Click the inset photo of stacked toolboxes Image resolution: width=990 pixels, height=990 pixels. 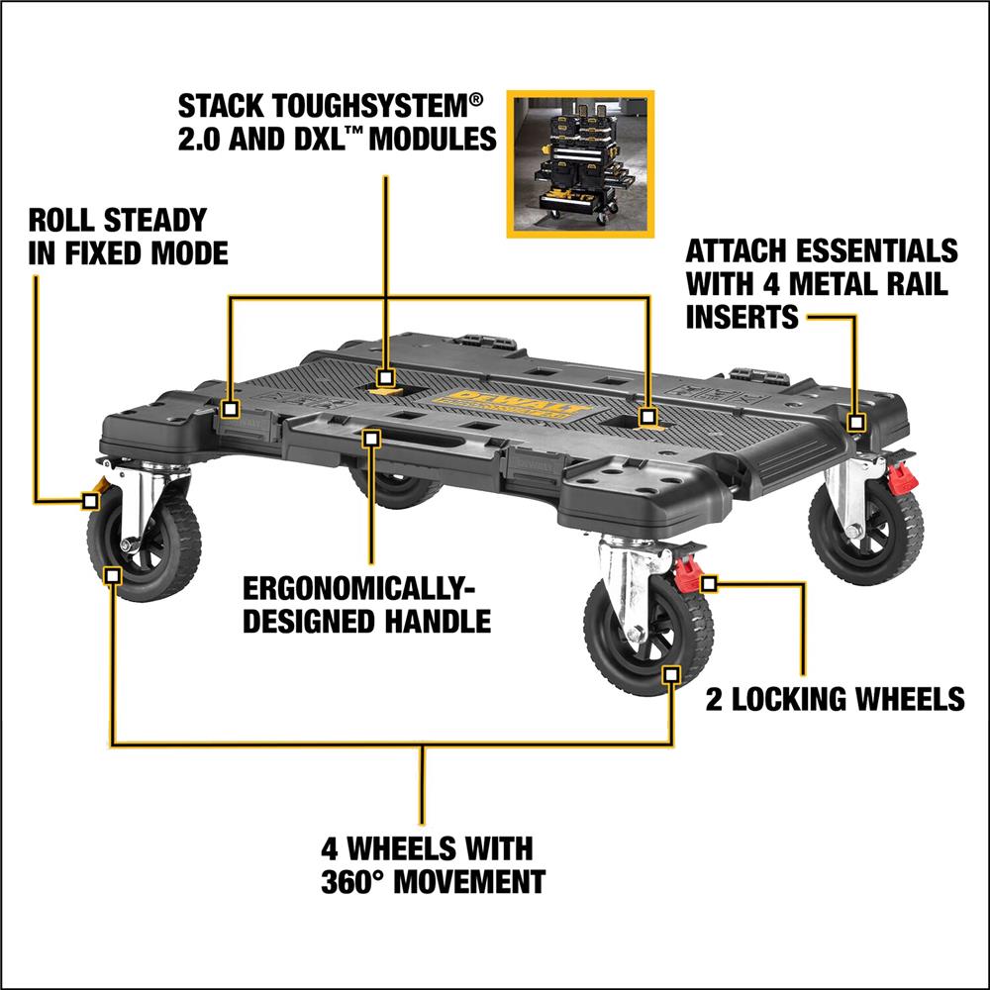pos(580,163)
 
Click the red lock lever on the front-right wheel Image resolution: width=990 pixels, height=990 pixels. pos(687,573)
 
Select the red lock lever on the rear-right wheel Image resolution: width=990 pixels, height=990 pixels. pos(901,478)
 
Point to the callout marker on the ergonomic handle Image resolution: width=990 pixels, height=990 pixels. pos(372,437)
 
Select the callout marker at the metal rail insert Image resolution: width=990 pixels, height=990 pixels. pos(857,423)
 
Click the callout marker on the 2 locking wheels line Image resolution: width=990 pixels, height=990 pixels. pos(708,583)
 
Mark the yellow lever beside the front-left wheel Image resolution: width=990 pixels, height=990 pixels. pos(99,488)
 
